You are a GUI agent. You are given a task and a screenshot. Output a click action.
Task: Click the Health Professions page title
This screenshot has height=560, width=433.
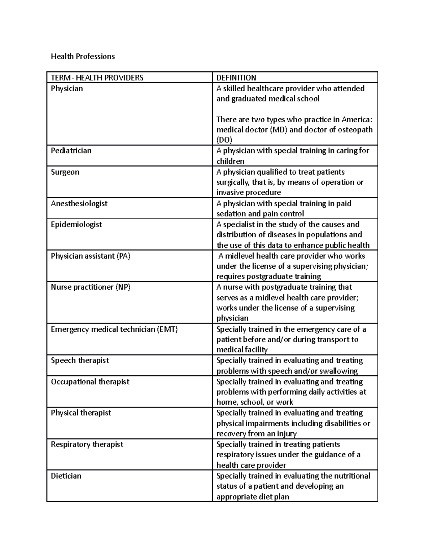pos(83,56)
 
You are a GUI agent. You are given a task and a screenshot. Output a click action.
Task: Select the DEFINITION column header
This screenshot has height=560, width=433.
pos(236,78)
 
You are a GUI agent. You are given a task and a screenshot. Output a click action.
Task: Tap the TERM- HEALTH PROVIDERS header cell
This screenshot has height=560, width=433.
pos(97,78)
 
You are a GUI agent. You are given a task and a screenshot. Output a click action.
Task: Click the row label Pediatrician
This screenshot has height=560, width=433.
pos(71,151)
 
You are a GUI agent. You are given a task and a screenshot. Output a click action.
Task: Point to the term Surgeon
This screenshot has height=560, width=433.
pos(65,172)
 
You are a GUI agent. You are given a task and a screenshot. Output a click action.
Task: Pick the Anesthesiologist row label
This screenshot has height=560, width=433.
pos(79,203)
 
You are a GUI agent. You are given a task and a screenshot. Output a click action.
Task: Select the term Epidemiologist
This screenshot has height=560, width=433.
pos(76,224)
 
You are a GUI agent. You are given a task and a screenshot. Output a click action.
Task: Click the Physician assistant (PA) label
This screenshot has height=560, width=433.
pos(91,256)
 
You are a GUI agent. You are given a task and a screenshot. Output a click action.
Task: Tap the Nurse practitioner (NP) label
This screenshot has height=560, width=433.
pos(91,287)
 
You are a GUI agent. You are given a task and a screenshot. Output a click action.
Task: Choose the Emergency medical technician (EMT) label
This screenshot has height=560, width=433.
pos(114,329)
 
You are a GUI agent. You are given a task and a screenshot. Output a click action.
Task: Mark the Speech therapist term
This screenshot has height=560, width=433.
pos(80,361)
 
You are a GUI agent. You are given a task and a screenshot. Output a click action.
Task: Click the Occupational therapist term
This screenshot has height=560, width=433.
pos(90,382)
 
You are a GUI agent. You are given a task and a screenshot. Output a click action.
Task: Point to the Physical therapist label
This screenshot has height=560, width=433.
pos(81,413)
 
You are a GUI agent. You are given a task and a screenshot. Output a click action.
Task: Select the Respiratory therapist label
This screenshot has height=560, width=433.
pos(87,444)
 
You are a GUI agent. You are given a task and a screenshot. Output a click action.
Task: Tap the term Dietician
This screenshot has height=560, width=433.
pos(66,476)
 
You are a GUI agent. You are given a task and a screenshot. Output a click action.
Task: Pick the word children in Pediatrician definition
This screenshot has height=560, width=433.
pos(230,161)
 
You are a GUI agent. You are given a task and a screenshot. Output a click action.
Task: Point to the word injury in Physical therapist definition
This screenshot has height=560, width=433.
pos(287,434)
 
